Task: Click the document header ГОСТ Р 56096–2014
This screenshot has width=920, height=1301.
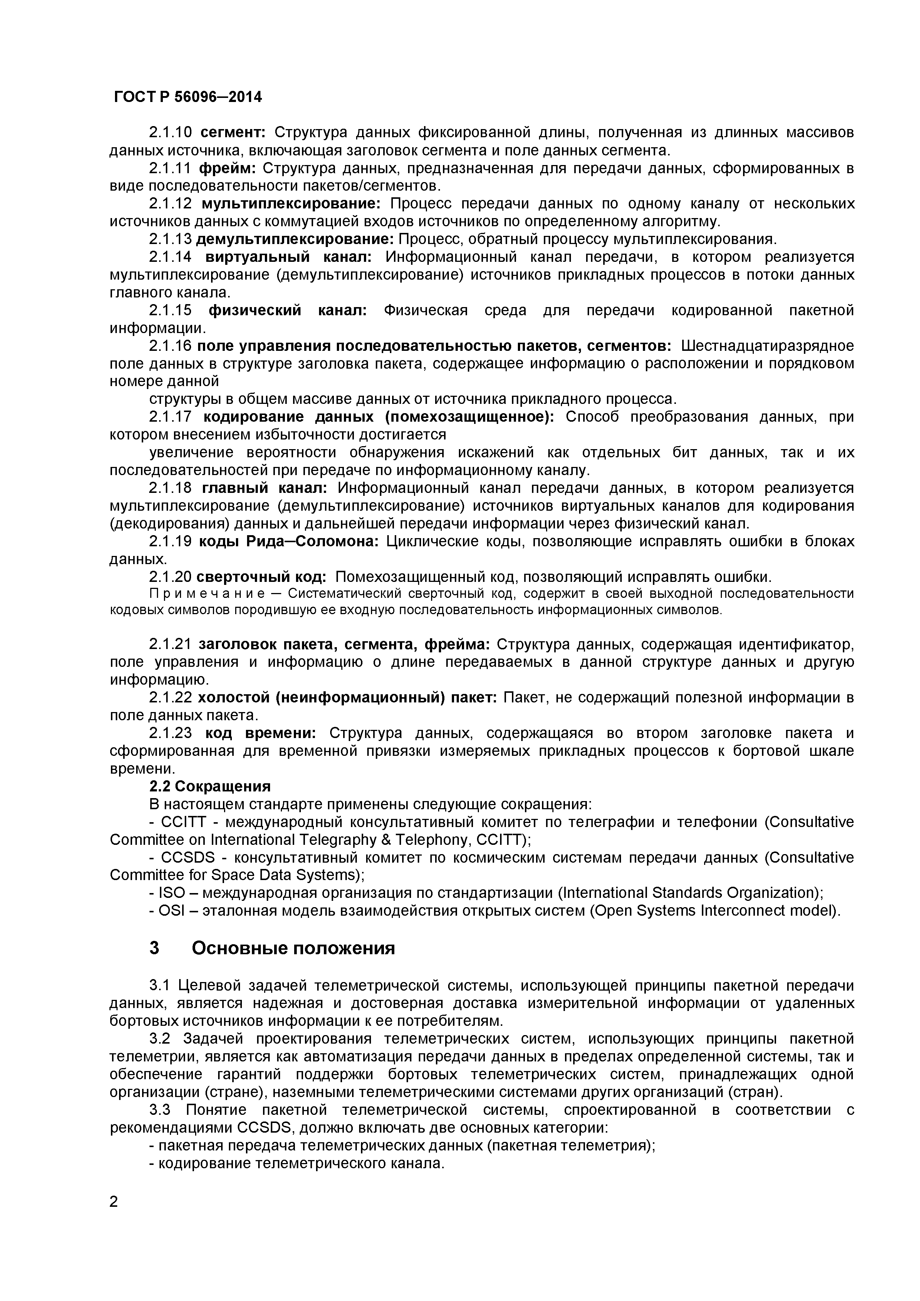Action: pos(188,98)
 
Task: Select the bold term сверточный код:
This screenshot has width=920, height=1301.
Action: pos(261,577)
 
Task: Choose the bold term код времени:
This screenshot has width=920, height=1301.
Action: pos(260,733)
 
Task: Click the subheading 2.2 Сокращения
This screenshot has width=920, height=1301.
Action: pos(210,787)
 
